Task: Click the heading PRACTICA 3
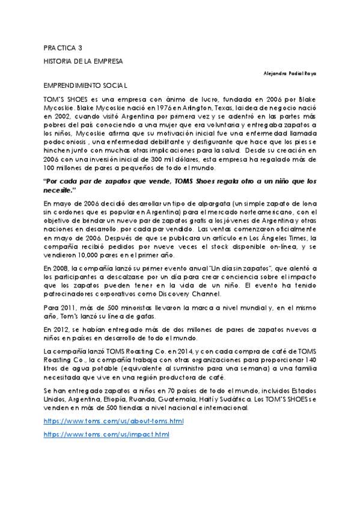pos(63,48)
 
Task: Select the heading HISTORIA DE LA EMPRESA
pos(83,61)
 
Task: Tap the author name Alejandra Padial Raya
pos(290,73)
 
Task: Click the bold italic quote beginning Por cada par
pos(180,185)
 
